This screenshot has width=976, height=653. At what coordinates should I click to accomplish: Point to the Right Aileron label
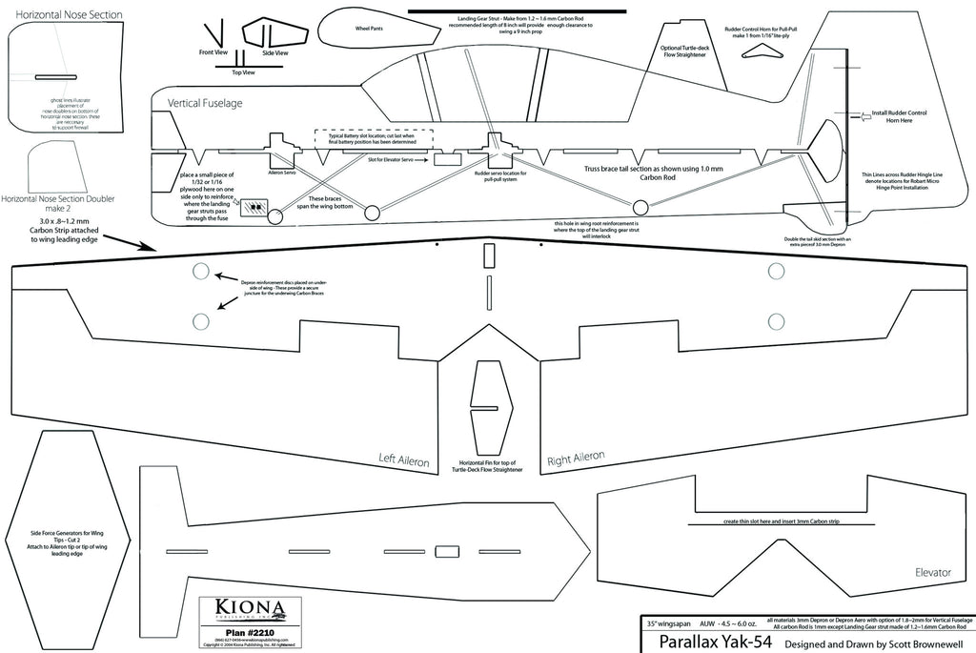tap(576, 459)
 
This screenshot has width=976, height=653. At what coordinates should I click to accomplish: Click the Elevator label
tap(932, 573)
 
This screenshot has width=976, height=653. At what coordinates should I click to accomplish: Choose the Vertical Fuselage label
tap(205, 102)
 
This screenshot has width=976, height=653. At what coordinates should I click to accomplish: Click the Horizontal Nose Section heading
tap(60, 14)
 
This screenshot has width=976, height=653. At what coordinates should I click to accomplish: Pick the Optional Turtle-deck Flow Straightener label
tap(683, 52)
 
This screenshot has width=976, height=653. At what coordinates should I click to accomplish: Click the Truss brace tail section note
tap(622, 173)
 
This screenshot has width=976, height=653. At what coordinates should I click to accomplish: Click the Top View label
tap(243, 72)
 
